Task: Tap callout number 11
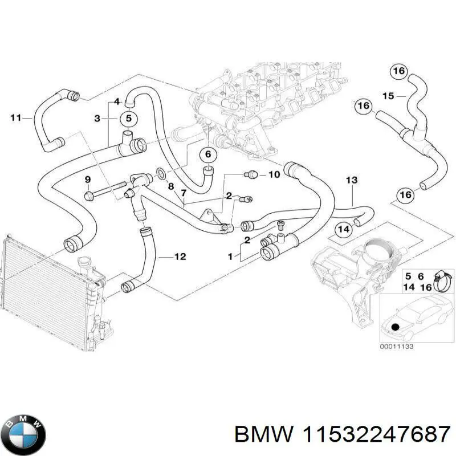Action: pyautogui.click(x=17, y=118)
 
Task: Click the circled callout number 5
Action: pyautogui.click(x=128, y=119)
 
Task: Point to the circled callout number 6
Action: pyautogui.click(x=208, y=154)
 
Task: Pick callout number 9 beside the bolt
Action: pyautogui.click(x=88, y=180)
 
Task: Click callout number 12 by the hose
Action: pyautogui.click(x=180, y=257)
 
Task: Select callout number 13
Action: pyautogui.click(x=352, y=181)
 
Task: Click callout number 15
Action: pyautogui.click(x=388, y=96)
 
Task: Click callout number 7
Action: pyautogui.click(x=184, y=194)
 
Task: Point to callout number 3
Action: pyautogui.click(x=97, y=119)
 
